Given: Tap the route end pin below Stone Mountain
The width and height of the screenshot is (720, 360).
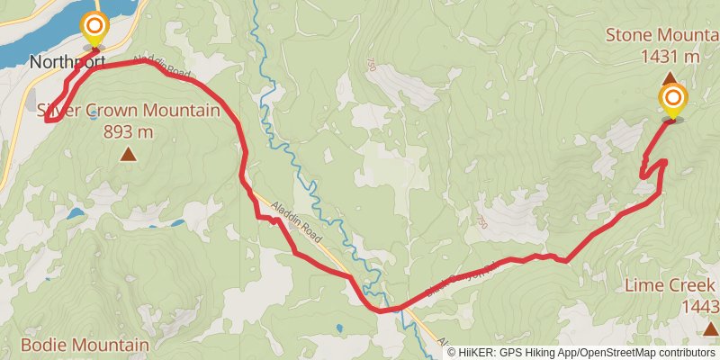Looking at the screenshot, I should click(672, 101).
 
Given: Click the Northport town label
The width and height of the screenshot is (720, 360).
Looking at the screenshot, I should click(67, 62).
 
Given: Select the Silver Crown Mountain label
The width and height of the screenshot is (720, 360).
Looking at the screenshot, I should click(129, 111).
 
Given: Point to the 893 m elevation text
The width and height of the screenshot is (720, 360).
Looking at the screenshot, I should click(129, 131).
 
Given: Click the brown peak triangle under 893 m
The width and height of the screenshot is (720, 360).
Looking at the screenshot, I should click(129, 155).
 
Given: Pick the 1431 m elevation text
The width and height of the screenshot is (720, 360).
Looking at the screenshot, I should click(670, 57).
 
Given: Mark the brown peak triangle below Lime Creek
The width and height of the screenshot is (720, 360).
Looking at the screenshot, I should click(711, 328).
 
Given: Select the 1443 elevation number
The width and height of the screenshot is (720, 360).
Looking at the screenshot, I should click(700, 307).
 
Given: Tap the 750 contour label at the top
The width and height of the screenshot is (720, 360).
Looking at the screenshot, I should click(370, 65).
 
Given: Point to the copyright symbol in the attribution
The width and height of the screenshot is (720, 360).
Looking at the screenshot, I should click(453, 353).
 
